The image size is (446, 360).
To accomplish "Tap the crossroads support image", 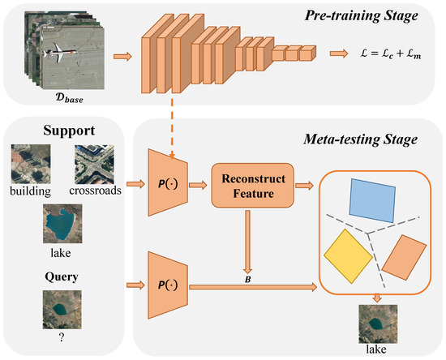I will pyautogui.click(x=94, y=163).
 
